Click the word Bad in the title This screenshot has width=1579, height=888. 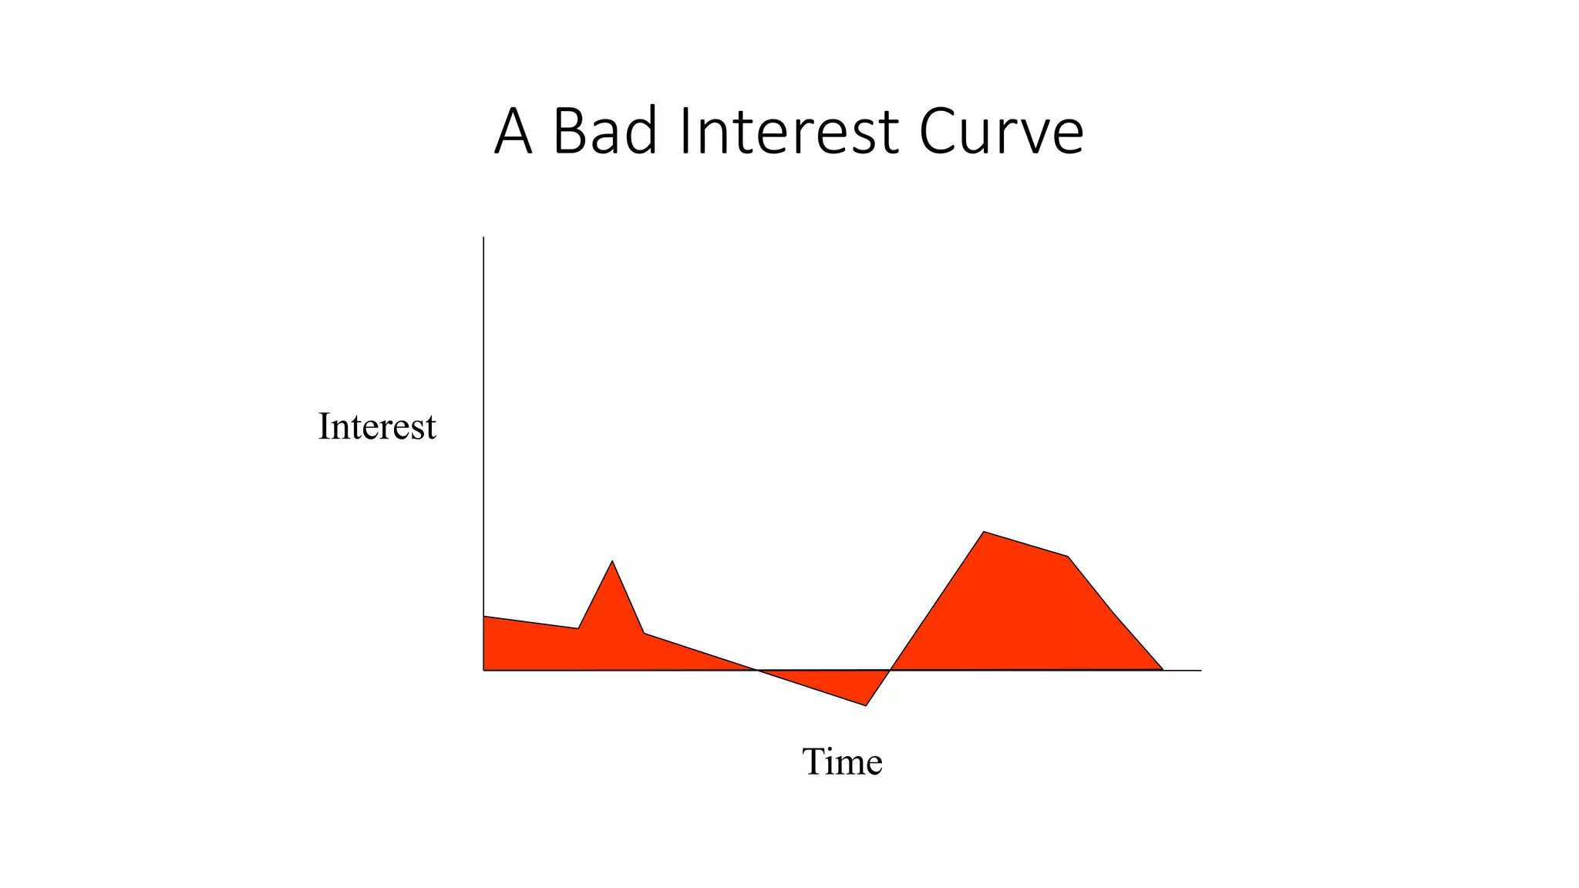point(605,131)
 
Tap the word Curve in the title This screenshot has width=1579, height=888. point(1001,131)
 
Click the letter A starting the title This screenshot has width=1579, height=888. point(513,131)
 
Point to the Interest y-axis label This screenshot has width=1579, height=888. point(377,426)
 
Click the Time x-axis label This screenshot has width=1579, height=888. point(842,762)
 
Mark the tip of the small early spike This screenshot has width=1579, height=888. point(612,561)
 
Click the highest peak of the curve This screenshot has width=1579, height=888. point(984,532)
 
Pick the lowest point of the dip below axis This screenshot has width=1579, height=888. point(866,705)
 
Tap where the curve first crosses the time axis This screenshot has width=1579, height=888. point(757,670)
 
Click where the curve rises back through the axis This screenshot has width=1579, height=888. point(890,670)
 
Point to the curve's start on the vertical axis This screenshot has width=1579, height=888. point(484,617)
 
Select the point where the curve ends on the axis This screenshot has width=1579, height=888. point(1163,670)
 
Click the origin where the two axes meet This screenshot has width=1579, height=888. point(483,671)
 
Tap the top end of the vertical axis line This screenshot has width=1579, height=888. point(483,237)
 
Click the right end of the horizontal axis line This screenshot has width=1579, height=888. point(1200,671)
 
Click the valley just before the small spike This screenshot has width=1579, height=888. point(578,628)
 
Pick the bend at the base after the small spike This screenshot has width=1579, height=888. point(644,634)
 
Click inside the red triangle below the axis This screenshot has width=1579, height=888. point(848,684)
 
